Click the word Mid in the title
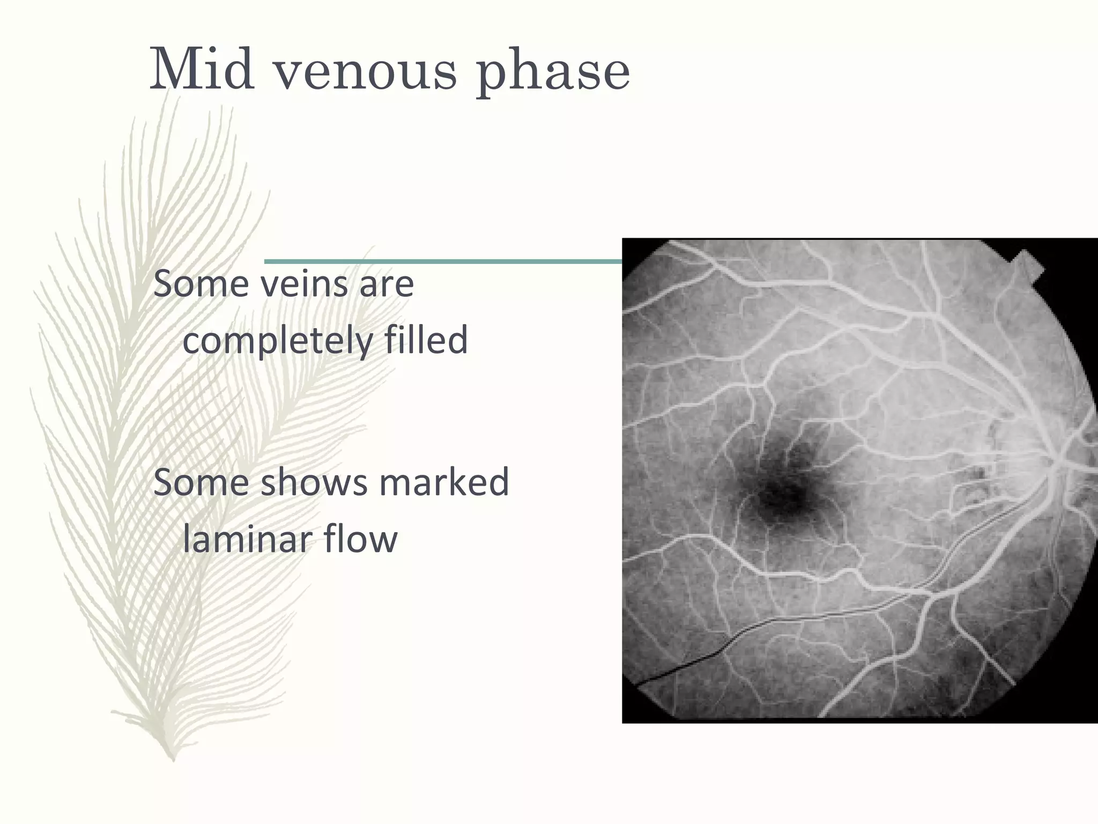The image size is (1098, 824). coord(202,70)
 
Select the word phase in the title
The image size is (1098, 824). coord(553,72)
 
